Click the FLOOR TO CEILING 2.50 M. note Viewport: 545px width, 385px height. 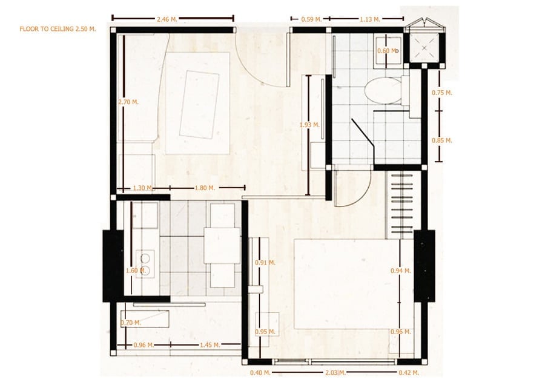coord(58,29)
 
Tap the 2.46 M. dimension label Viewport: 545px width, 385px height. coord(167,19)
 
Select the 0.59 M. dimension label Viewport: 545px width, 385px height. coord(312,19)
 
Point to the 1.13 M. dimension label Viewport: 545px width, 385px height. coord(370,19)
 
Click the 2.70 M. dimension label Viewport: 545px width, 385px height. coord(128,102)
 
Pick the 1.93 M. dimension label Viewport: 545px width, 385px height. coord(309,125)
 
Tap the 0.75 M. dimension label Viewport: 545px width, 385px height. coord(442,93)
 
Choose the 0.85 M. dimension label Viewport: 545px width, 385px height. coord(442,140)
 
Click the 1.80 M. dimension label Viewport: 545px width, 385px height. coord(205,188)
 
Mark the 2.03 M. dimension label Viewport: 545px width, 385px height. coord(335,373)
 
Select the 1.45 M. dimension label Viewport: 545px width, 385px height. coord(210,345)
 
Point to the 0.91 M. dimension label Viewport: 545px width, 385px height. coord(265,263)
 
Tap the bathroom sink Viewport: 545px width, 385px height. coord(388,51)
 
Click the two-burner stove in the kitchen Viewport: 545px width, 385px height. coord(145,264)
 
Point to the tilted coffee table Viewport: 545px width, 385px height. coord(199,105)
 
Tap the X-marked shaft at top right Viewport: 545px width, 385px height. coord(424,48)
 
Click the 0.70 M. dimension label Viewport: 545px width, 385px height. coord(131,323)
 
